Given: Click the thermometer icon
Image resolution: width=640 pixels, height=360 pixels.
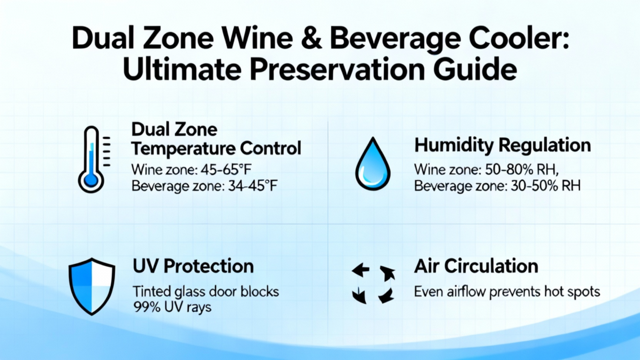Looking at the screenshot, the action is (94, 159).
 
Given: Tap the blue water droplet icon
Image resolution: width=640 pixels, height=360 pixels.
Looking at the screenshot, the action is (372, 164).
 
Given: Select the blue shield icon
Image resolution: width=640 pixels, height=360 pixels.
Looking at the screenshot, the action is (92, 286).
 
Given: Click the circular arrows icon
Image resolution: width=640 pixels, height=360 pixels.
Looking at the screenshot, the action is (373, 284).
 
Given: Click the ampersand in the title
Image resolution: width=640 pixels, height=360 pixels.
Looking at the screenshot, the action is (311, 39).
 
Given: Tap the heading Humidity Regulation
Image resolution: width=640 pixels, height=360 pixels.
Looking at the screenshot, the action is (502, 146).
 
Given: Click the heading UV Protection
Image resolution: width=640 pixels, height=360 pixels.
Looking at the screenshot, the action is (193, 266).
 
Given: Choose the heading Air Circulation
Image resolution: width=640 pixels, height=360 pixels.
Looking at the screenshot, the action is (476, 266).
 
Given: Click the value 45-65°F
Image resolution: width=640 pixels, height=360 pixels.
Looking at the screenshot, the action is (226, 169).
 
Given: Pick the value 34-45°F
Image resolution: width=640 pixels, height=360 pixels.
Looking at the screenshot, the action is (252, 186).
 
